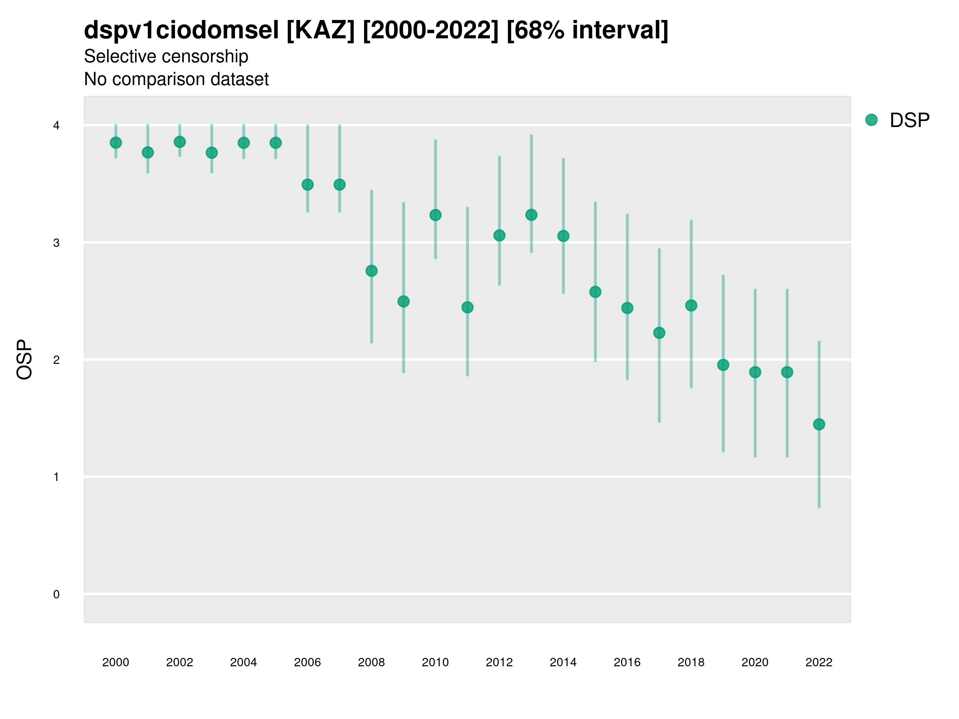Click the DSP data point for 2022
[x=819, y=424]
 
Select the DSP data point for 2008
[x=372, y=271]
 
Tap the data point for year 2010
[x=435, y=215]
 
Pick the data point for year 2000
[x=116, y=143]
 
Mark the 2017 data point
[x=659, y=333]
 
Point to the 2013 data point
[x=531, y=215]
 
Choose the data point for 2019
[x=723, y=365]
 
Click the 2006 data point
[x=307, y=185]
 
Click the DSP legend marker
[x=871, y=120]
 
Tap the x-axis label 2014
[x=563, y=662]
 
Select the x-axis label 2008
[x=372, y=662]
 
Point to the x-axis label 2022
[x=819, y=662]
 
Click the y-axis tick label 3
[x=56, y=243]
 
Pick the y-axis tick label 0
[x=56, y=594]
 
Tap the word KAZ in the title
[x=321, y=30]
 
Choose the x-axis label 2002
[x=179, y=662]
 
